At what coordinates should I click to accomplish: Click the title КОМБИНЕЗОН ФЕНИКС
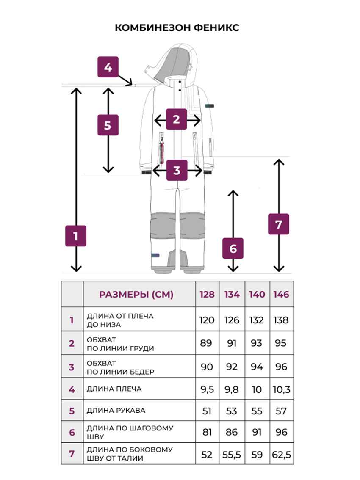[177, 28]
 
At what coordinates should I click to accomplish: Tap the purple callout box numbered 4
[108, 67]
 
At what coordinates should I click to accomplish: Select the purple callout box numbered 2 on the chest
[176, 119]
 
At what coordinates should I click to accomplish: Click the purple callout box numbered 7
[279, 224]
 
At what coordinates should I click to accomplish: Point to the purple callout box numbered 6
[233, 248]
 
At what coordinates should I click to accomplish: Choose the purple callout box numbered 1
[76, 236]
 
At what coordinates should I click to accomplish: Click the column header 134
[232, 295]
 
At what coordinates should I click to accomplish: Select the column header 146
[281, 295]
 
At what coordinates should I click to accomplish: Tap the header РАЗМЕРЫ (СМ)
[136, 295]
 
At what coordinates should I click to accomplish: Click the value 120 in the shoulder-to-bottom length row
[207, 320]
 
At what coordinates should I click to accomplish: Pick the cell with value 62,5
[282, 455]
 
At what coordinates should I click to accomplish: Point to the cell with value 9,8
[232, 389]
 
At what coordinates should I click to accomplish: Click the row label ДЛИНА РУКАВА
[116, 411]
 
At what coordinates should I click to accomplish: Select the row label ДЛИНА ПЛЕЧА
[114, 389]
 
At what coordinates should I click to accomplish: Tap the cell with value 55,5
[232, 455]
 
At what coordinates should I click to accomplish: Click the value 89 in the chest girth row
[206, 343]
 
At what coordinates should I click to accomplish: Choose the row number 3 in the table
[72, 367]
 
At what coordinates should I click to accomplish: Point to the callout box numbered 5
[108, 125]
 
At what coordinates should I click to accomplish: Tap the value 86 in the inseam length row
[232, 432]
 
